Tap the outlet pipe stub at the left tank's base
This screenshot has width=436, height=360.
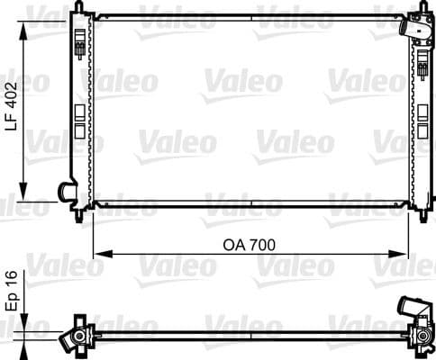[x=65, y=191]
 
